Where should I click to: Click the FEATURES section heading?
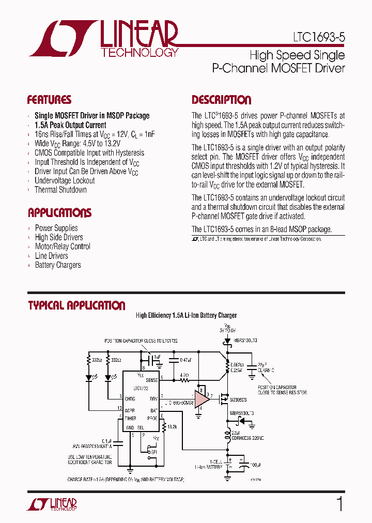[x=49, y=100]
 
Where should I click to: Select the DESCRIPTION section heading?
[x=222, y=100]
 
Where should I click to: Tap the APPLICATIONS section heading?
[x=59, y=212]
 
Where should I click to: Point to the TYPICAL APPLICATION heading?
[x=76, y=305]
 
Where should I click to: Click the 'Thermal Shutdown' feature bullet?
[x=60, y=190]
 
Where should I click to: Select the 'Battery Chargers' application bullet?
[x=58, y=265]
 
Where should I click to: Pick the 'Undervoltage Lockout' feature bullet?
[x=65, y=180]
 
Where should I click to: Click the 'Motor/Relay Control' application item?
[x=63, y=247]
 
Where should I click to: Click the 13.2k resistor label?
[x=173, y=427]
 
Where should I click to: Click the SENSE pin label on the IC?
[x=151, y=379]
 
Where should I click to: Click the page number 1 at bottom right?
[x=339, y=504]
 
